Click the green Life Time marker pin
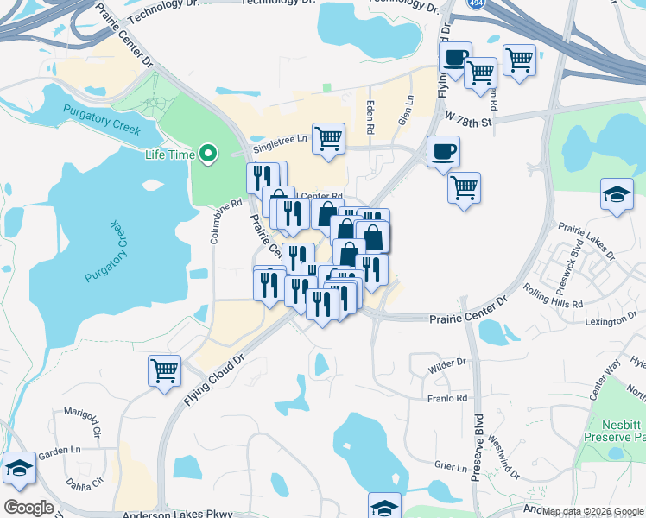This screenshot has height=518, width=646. (207, 155)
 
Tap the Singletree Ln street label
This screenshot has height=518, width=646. (278, 139)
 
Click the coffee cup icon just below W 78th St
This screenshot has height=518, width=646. (443, 152)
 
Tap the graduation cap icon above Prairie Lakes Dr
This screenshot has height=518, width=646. (617, 194)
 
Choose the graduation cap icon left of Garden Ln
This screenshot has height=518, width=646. (18, 468)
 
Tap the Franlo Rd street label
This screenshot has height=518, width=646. (447, 398)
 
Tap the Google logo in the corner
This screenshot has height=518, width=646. (28, 508)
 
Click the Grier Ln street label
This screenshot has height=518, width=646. (450, 466)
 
